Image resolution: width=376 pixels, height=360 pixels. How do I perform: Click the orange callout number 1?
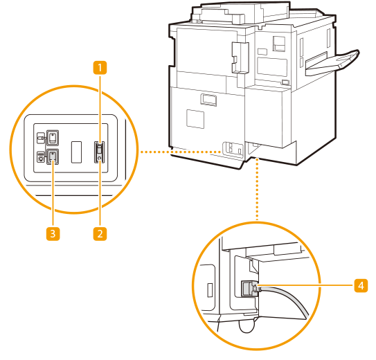click(x=100, y=67)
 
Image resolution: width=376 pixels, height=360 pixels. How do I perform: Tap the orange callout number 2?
click(x=100, y=233)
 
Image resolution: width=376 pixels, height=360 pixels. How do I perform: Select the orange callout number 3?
click(x=53, y=233)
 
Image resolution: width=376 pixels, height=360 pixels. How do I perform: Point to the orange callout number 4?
click(x=361, y=285)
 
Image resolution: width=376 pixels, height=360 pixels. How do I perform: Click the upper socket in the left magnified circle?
click(x=52, y=138)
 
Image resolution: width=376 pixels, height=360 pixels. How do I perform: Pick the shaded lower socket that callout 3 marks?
click(x=52, y=156)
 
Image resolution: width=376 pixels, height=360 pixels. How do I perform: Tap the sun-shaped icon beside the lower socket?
click(x=41, y=157)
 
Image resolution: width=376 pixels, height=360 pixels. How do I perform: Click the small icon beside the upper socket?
click(x=41, y=138)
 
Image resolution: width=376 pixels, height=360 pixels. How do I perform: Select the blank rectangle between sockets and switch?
click(x=76, y=152)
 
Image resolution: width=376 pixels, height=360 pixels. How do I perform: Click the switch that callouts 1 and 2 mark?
click(x=99, y=152)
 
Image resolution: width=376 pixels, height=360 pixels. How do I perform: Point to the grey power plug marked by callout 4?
click(x=249, y=288)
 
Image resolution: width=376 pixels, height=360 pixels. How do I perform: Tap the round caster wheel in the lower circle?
click(x=247, y=326)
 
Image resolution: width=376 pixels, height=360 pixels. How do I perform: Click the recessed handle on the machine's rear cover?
click(x=208, y=100)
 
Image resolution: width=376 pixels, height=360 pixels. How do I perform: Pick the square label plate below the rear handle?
click(x=195, y=119)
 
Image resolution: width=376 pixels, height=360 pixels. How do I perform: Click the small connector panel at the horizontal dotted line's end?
click(x=233, y=150)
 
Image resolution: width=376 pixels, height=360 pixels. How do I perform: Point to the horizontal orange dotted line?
click(x=181, y=152)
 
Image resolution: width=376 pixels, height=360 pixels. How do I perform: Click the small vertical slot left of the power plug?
click(x=210, y=290)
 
